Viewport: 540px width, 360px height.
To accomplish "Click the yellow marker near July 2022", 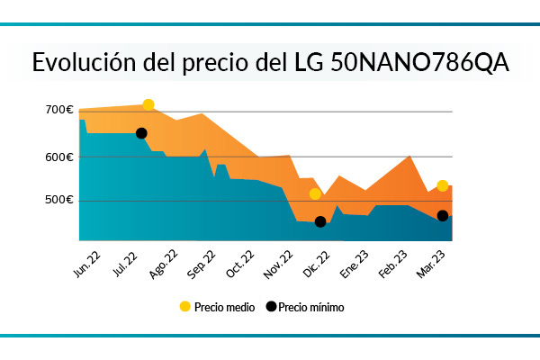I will tap(148, 105).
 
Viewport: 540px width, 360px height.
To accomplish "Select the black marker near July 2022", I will tap(141, 133).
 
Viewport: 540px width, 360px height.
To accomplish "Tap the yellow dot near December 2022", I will tap(315, 193).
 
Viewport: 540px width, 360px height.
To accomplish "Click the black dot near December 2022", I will tap(320, 221).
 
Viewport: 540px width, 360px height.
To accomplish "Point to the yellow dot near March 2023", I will tap(442, 185).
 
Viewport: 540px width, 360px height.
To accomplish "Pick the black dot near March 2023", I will tap(443, 215).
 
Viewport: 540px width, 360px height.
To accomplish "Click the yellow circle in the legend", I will tap(185, 306).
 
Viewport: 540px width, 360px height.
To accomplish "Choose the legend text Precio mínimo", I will tap(310, 307).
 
